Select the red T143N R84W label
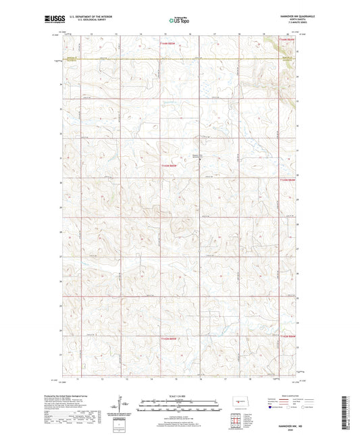(288, 180)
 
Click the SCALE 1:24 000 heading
(179, 395)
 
